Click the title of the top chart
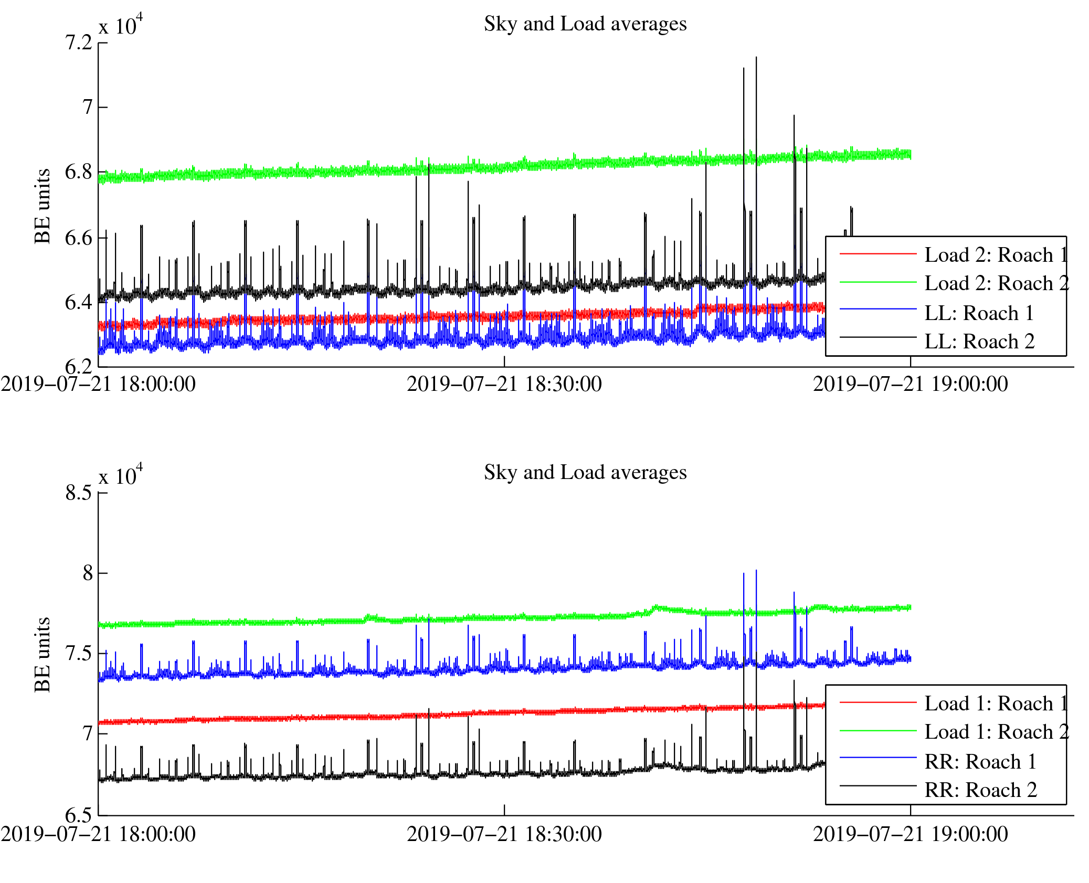585,24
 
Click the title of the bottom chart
585,473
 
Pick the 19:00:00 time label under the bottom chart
911,834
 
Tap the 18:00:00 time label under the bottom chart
98,834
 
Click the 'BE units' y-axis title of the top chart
43,206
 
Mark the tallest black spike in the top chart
756,58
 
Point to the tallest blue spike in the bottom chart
756,570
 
